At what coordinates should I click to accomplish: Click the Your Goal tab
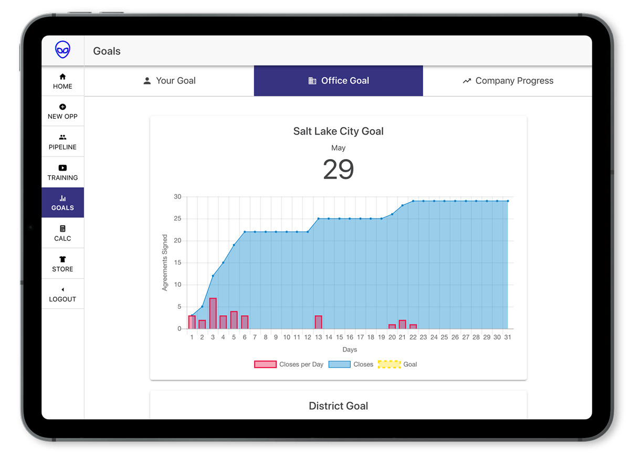(169, 81)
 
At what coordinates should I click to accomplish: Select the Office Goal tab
(339, 81)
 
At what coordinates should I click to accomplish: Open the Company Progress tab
(508, 81)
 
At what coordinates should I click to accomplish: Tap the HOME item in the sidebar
(62, 81)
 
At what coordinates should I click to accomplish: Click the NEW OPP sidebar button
(62, 111)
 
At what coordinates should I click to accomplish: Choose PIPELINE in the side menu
(62, 142)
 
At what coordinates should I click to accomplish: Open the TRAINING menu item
(62, 172)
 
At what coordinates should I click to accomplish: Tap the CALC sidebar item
(62, 233)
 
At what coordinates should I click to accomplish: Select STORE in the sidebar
(62, 264)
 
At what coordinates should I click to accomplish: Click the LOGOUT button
(62, 294)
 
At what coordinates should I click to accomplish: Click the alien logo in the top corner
(62, 50)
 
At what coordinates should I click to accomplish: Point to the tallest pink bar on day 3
(213, 314)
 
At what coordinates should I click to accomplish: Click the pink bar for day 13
(318, 322)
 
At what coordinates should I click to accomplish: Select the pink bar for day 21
(402, 325)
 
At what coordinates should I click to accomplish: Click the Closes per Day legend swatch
(265, 364)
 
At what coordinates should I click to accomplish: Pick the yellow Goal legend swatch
(389, 364)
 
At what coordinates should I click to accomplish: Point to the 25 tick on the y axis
(177, 218)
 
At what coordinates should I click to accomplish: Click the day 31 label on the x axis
(508, 337)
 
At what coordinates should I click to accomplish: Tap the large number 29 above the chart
(338, 169)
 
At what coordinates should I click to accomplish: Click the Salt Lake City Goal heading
(338, 131)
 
